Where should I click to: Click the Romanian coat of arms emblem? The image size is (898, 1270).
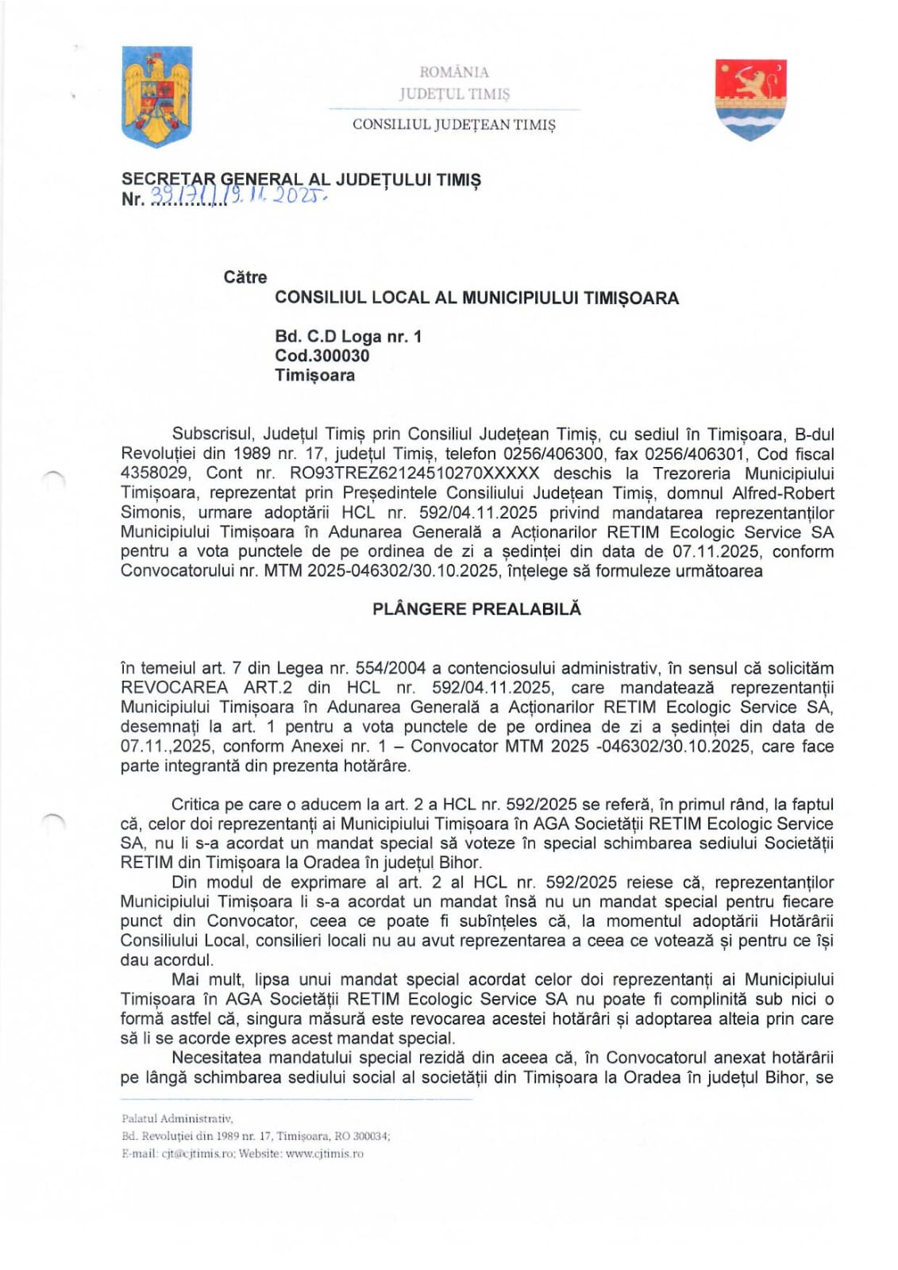pos(156,96)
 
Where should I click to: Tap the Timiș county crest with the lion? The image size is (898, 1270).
pos(750,98)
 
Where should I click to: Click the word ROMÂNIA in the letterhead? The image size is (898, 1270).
pos(454,72)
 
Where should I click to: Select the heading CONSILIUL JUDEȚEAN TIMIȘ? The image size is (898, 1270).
pos(454,125)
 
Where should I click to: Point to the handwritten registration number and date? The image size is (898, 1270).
pos(238,197)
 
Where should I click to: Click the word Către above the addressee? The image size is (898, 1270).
pos(245,277)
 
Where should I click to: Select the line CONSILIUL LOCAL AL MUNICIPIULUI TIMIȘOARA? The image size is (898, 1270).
pos(476,299)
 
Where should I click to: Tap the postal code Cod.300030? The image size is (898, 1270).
pos(322,356)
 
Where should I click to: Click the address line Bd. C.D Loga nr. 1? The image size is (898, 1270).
pos(349,337)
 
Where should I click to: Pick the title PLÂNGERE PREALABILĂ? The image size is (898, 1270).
pos(477,609)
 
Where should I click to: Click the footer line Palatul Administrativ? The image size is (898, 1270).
pos(177,1118)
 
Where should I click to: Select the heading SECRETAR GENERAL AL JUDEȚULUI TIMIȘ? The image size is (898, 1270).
pos(301,179)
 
